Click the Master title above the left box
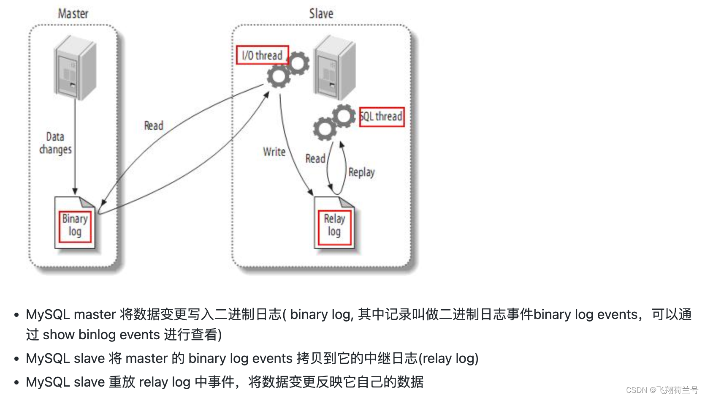[73, 14]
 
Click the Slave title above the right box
[321, 14]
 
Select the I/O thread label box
[262, 55]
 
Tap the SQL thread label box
[382, 117]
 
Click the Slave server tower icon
[334, 68]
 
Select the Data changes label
[55, 143]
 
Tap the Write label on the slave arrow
[274, 152]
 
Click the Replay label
[361, 172]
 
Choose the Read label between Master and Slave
[153, 125]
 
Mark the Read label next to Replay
[315, 158]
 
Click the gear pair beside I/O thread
[288, 69]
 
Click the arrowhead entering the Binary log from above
[75, 191]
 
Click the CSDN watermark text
[662, 390]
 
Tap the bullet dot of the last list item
[16, 382]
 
